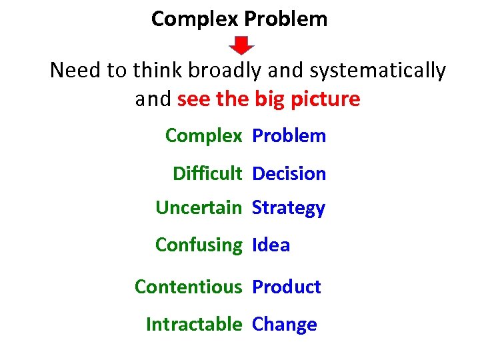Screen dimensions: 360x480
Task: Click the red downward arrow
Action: pos(242,45)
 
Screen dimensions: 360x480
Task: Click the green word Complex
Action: pos(203,136)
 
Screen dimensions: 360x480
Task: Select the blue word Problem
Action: pos(289,136)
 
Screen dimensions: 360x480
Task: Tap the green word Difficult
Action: pos(207,174)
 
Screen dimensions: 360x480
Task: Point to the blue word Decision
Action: pos(289,174)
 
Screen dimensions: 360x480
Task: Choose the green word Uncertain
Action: pos(198,208)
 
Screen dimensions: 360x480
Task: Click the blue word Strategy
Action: pos(288,208)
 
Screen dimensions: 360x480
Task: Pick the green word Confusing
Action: pos(199,245)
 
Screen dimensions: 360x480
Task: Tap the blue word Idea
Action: pos(271,245)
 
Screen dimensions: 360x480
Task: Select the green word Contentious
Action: pos(188,287)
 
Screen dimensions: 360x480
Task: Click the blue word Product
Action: pos(286,287)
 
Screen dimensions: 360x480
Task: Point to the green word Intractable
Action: pos(193,325)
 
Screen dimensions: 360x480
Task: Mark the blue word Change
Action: pos(284,325)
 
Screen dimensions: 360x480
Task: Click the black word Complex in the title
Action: pos(195,19)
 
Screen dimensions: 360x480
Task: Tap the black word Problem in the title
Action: pos(286,19)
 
